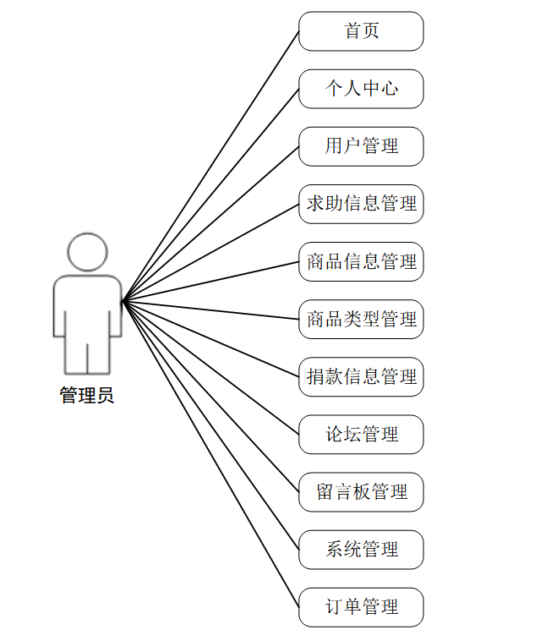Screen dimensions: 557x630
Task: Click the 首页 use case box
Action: (x=361, y=31)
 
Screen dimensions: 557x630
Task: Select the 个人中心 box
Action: (x=361, y=89)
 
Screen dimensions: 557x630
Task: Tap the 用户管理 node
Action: (x=361, y=146)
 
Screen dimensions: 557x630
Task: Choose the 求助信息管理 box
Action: (x=361, y=204)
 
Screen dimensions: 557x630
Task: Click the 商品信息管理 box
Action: (x=361, y=261)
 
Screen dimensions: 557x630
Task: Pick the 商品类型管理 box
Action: (x=361, y=319)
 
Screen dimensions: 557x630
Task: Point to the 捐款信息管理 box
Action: (x=361, y=376)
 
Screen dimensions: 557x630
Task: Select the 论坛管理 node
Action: (x=361, y=434)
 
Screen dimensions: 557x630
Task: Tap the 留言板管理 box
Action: (x=361, y=491)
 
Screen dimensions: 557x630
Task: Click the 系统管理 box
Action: (x=361, y=549)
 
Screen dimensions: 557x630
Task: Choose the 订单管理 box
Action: (x=361, y=606)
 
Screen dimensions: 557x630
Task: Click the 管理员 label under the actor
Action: (x=87, y=395)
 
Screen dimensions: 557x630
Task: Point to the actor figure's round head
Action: (x=88, y=251)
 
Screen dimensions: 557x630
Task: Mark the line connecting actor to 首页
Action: (x=211, y=166)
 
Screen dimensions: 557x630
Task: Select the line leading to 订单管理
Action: (x=211, y=454)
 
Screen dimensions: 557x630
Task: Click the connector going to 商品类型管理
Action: (x=211, y=310)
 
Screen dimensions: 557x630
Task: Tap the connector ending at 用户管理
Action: (x=211, y=223)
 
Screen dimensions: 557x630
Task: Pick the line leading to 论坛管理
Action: (x=211, y=368)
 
